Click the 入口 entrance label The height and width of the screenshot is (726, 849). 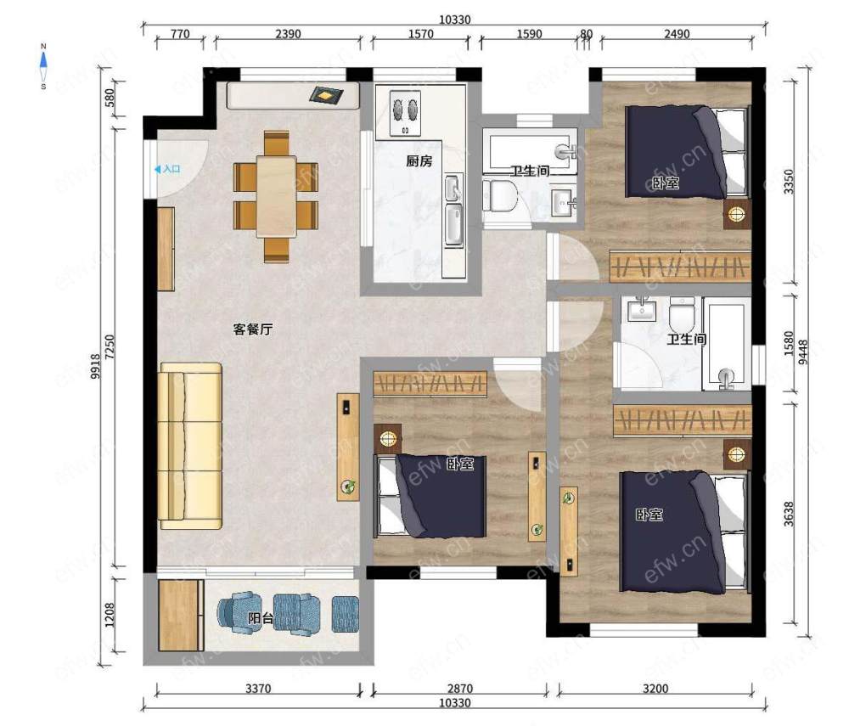pyautogui.click(x=171, y=170)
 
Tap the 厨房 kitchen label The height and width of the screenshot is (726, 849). pyautogui.click(x=419, y=160)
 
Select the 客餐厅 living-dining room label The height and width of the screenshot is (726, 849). pyautogui.click(x=253, y=329)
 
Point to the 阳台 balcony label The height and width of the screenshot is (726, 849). pyautogui.click(x=261, y=617)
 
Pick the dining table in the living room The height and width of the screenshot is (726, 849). pyautogui.click(x=277, y=196)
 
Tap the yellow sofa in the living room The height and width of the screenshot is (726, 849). pyautogui.click(x=190, y=446)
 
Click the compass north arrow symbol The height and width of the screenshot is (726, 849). pyautogui.click(x=43, y=66)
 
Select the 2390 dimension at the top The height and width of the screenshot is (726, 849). pyautogui.click(x=288, y=34)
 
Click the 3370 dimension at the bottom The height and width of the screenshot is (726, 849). pyautogui.click(x=258, y=689)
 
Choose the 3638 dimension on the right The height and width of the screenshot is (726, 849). pyautogui.click(x=789, y=514)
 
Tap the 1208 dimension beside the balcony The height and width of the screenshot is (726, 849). pyautogui.click(x=110, y=615)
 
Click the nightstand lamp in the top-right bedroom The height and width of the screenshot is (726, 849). pyautogui.click(x=737, y=214)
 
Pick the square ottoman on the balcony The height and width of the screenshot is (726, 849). pyautogui.click(x=345, y=614)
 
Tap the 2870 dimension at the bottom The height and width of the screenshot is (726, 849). pyautogui.click(x=459, y=689)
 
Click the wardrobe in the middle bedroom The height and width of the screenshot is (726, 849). pyautogui.click(x=430, y=384)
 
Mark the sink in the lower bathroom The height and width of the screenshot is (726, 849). pyautogui.click(x=642, y=311)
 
